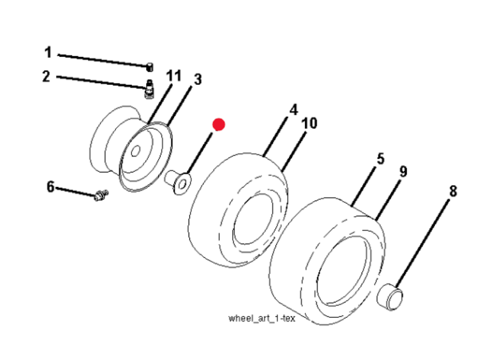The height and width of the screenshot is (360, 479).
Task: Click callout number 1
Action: [48, 52]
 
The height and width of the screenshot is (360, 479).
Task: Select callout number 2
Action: [46, 76]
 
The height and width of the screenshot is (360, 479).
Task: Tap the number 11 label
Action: [173, 76]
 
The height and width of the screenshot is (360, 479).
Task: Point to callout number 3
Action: [198, 79]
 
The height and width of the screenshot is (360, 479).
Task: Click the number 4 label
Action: [293, 110]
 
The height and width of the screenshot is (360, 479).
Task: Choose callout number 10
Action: [309, 123]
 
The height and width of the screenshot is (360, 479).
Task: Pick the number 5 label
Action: [380, 159]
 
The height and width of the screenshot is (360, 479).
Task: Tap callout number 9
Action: [403, 172]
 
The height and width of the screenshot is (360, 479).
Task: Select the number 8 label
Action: [453, 191]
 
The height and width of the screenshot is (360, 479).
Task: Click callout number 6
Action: [50, 187]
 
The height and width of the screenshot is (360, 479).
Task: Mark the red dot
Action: [219, 124]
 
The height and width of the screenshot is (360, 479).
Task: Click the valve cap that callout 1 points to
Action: [150, 67]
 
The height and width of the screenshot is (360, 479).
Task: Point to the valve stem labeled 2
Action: [149, 89]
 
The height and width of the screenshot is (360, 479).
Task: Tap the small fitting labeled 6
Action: [101, 195]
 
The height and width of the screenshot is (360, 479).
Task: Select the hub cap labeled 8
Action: [390, 297]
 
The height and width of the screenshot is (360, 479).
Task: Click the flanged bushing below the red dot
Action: [179, 182]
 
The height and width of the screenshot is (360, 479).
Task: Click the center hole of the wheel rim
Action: [136, 151]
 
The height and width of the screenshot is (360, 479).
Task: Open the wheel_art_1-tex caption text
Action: [262, 319]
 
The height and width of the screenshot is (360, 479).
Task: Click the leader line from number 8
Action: [423, 244]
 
